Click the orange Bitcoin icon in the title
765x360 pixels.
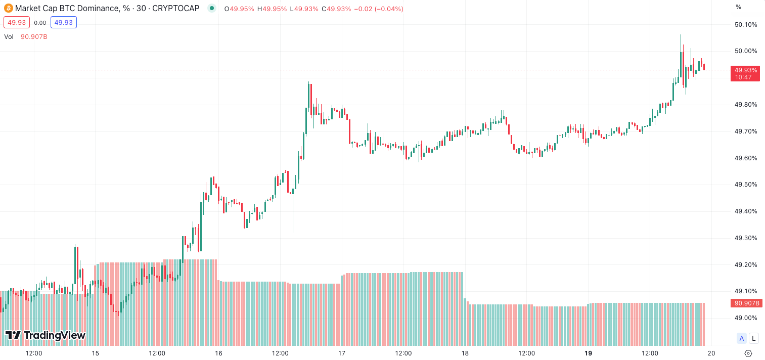click(8, 9)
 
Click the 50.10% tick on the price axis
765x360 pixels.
click(746, 25)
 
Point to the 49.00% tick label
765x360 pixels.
click(746, 318)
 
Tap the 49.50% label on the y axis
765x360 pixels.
click(746, 185)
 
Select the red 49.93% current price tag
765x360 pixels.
click(745, 73)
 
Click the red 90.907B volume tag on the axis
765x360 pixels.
click(745, 303)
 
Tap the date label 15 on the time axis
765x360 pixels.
click(95, 353)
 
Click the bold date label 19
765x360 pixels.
click(588, 353)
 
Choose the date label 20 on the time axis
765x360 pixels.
click(711, 353)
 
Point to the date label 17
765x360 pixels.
click(342, 353)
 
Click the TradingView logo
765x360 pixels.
click(45, 335)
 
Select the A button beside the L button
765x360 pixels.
click(742, 339)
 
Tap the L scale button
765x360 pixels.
click(754, 339)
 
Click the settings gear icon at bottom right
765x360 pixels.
click(749, 353)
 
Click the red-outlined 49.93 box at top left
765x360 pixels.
click(17, 22)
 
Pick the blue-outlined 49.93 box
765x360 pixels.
click(64, 22)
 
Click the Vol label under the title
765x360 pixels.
click(9, 36)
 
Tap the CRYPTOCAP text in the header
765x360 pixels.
click(175, 9)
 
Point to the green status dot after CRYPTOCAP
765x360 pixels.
click(211, 9)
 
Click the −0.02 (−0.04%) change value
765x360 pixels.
click(378, 9)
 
